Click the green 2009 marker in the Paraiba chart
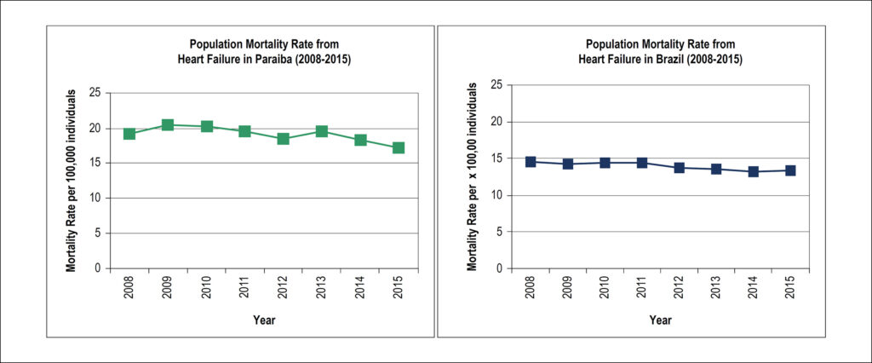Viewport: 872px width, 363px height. click(x=168, y=124)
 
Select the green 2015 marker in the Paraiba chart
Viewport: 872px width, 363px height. click(x=399, y=147)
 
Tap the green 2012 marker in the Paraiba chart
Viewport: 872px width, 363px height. click(x=283, y=139)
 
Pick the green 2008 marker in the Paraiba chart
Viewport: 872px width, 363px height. click(x=129, y=134)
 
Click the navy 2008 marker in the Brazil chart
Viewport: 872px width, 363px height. click(x=530, y=161)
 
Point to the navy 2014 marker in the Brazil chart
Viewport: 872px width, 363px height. click(x=754, y=171)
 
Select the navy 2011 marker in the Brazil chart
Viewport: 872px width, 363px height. click(x=642, y=163)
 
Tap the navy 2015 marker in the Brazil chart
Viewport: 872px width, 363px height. click(x=790, y=170)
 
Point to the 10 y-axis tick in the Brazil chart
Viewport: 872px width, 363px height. click(x=497, y=195)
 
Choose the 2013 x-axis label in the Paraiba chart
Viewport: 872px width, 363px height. click(x=321, y=288)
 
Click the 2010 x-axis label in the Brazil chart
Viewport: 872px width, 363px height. click(x=605, y=288)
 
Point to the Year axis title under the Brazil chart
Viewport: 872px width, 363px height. click(x=661, y=320)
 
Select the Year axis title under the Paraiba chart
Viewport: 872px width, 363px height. click(x=264, y=320)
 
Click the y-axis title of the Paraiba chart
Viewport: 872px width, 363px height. click(x=72, y=181)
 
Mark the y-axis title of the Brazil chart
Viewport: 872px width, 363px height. click(x=472, y=176)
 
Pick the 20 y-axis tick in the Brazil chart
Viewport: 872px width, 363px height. click(x=497, y=122)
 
